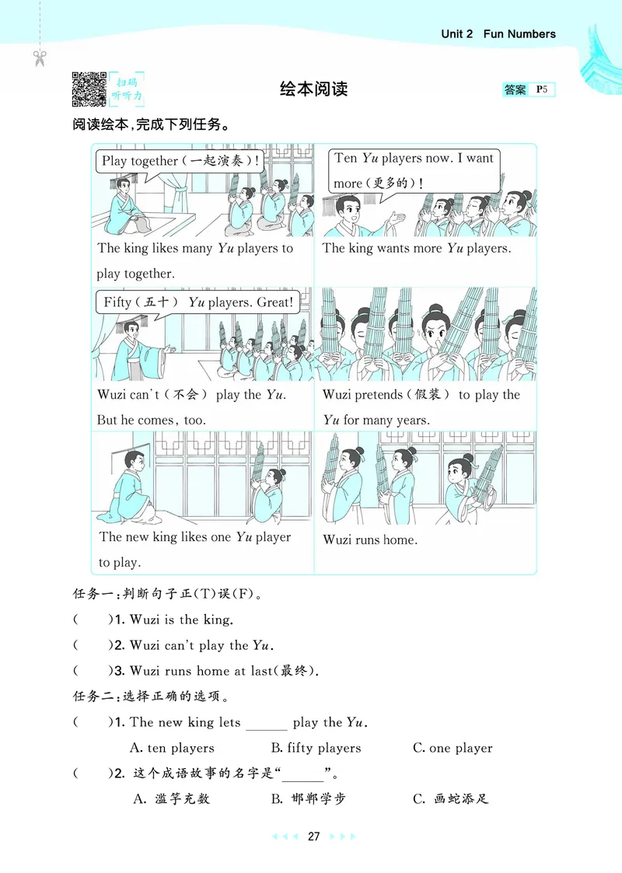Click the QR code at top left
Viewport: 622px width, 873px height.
click(89, 88)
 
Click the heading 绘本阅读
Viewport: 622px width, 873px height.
click(313, 89)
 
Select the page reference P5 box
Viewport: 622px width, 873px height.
click(542, 89)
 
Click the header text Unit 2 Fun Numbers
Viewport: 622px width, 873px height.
click(498, 34)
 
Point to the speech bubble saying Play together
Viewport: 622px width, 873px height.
click(180, 162)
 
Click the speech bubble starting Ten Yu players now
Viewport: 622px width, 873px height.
click(413, 170)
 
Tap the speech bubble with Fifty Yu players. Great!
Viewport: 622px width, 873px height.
click(199, 302)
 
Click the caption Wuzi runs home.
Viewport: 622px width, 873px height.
click(370, 540)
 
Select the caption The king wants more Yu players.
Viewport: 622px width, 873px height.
click(416, 249)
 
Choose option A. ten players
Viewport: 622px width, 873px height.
click(171, 748)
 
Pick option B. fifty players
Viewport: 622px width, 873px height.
click(316, 748)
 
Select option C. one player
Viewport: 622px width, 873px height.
click(453, 748)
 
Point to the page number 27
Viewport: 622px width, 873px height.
click(313, 836)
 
